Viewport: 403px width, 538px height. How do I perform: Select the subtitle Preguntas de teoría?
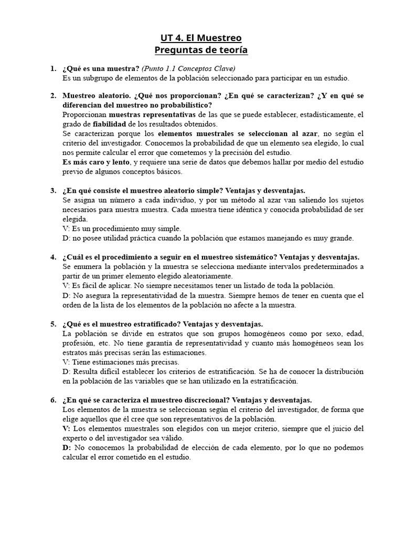[201, 50]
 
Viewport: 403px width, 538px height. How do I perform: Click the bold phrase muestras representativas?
[153, 114]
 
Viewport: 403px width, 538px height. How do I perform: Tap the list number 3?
[53, 190]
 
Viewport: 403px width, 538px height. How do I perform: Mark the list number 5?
[53, 324]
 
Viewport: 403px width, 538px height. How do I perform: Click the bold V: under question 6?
[67, 428]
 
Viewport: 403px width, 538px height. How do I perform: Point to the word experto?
[76, 438]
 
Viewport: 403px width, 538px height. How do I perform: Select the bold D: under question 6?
[67, 448]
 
